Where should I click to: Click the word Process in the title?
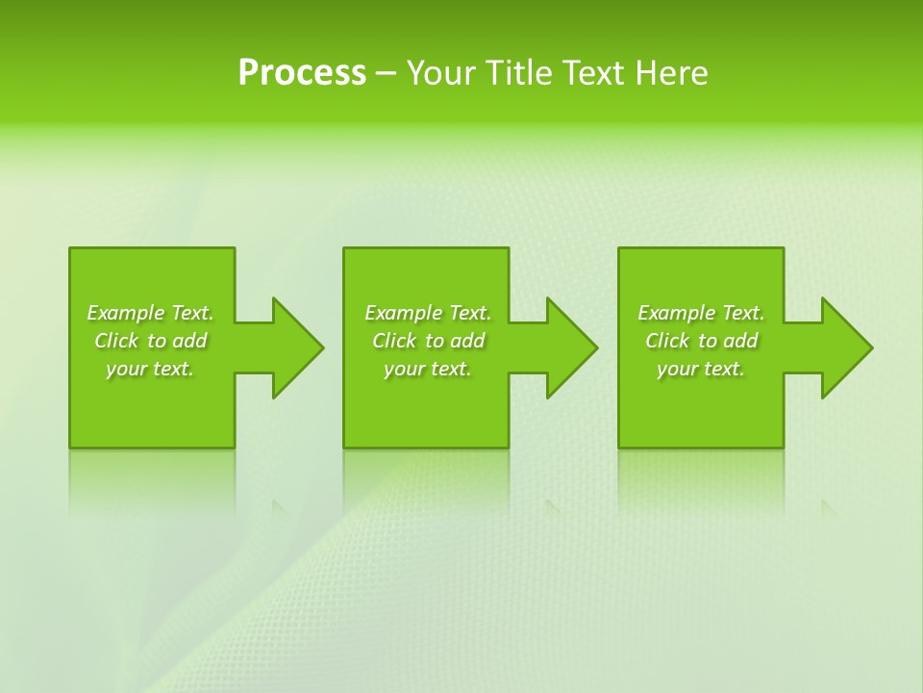click(302, 73)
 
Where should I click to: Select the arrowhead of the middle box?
click(571, 347)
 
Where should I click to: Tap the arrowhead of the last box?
click(845, 347)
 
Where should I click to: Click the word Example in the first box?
click(126, 313)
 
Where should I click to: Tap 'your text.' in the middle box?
click(427, 369)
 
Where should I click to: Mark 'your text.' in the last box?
click(700, 369)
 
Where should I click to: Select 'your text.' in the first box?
click(150, 369)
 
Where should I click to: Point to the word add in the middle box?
click(467, 341)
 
